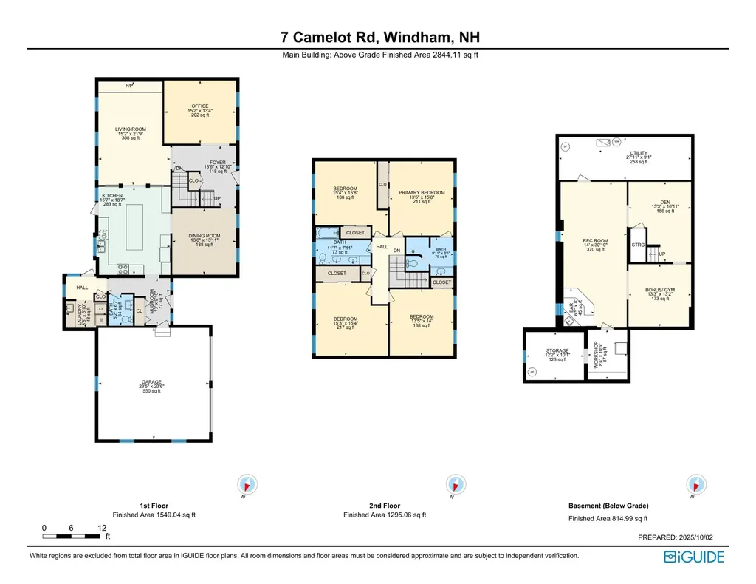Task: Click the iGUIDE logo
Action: pyautogui.click(x=693, y=557)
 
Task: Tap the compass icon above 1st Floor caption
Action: pyautogui.click(x=247, y=484)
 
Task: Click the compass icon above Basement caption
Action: pyautogui.click(x=695, y=484)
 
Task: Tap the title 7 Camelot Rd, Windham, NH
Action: pyautogui.click(x=377, y=37)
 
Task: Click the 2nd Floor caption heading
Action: pyautogui.click(x=385, y=505)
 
